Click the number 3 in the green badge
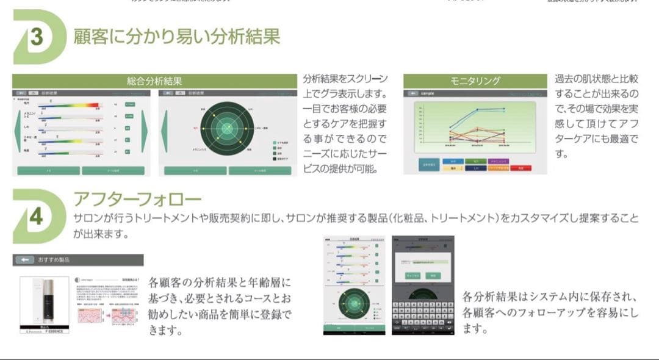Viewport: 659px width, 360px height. tap(37, 38)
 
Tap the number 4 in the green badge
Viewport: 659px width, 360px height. tap(36, 217)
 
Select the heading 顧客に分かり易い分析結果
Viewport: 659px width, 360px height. tap(176, 37)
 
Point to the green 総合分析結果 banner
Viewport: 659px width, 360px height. tap(154, 81)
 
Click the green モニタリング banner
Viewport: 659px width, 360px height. tap(475, 81)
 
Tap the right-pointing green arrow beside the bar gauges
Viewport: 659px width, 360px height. tap(145, 131)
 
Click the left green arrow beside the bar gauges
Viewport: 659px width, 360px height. tap(17, 131)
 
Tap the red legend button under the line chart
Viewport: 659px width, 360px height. tap(520, 168)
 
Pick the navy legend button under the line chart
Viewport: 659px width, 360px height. tap(476, 168)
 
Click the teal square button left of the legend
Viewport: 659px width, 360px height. tap(428, 164)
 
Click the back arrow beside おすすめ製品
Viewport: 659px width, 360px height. tap(26, 260)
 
